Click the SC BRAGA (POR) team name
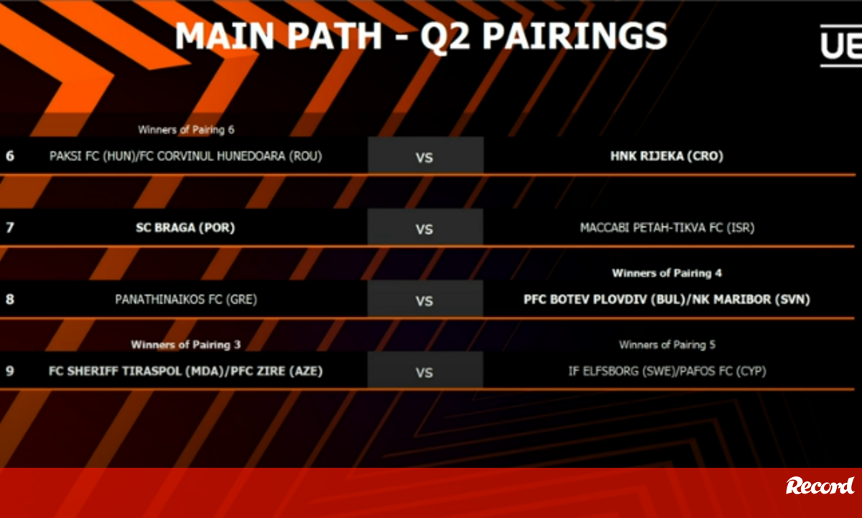[x=185, y=228]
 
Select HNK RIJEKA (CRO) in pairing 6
[x=667, y=156]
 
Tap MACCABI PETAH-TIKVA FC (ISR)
[x=667, y=228]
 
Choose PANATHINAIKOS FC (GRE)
[x=186, y=300]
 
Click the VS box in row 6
[x=425, y=155]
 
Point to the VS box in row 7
[x=425, y=227]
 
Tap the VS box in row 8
[x=425, y=299]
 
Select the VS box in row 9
[x=425, y=370]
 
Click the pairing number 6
[x=10, y=156]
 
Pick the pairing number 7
[x=10, y=228]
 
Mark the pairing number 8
[x=10, y=300]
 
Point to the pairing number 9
[x=10, y=371]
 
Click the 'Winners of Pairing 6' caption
[x=186, y=130]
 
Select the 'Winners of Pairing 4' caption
[x=667, y=273]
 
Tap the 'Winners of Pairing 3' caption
[x=186, y=345]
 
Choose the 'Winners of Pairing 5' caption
[x=667, y=345]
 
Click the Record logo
[x=820, y=486]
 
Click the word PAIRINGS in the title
[x=575, y=36]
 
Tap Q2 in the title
[x=445, y=37]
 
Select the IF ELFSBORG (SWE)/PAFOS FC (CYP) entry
[x=667, y=371]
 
